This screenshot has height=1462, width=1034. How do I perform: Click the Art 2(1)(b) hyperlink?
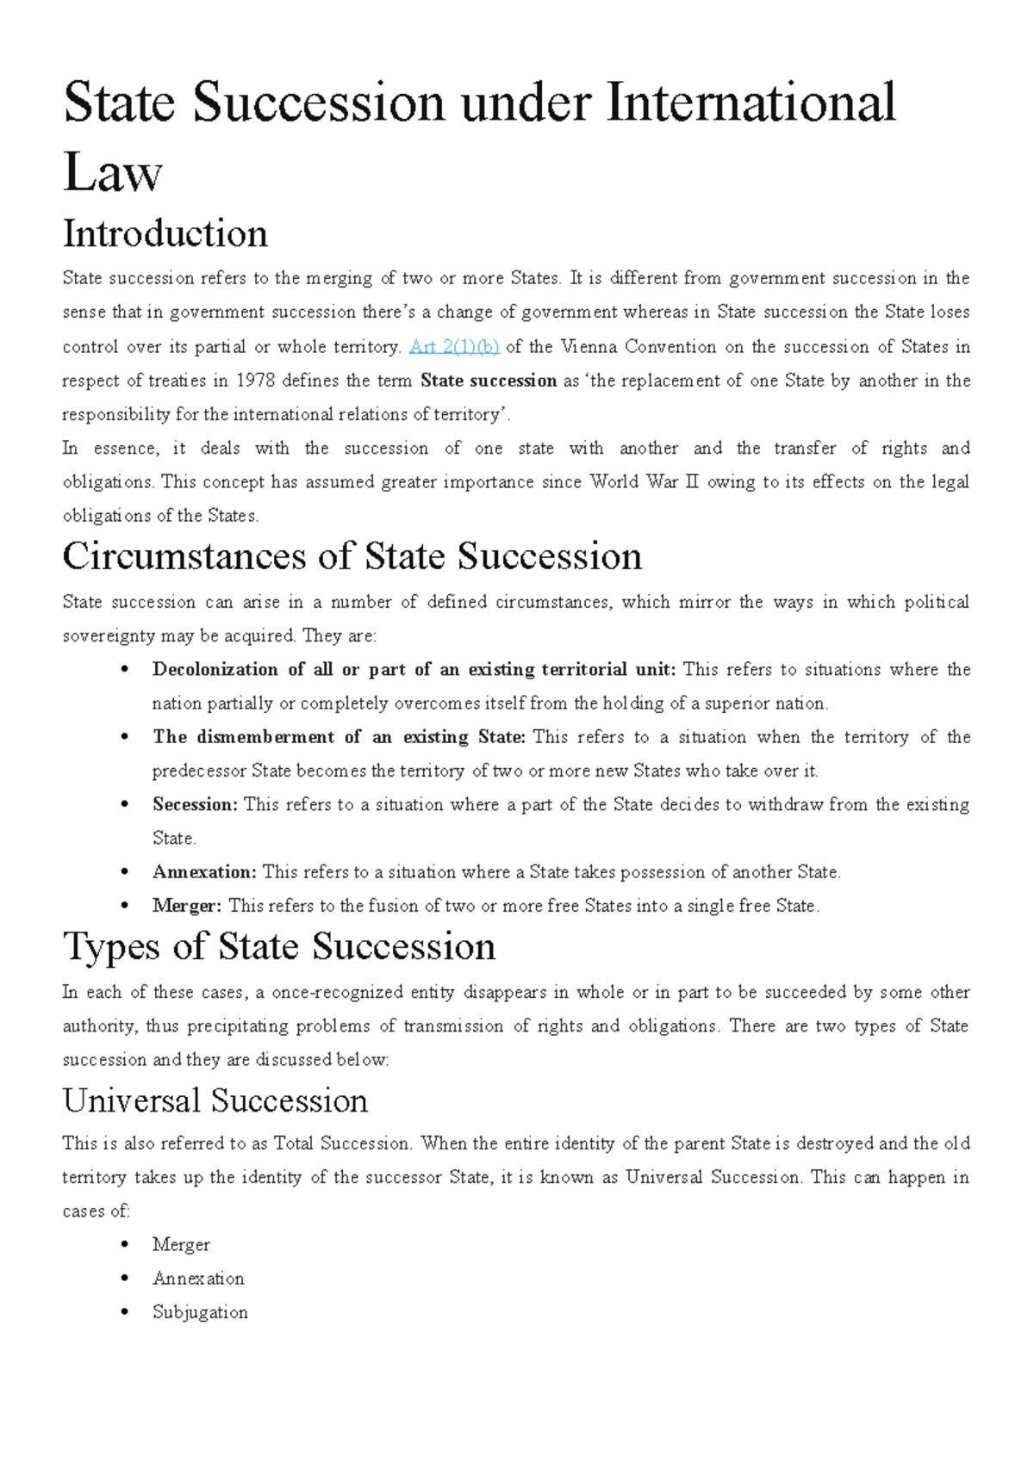(454, 347)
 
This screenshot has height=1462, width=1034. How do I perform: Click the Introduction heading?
(165, 233)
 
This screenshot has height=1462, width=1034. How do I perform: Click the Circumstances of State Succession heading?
(352, 556)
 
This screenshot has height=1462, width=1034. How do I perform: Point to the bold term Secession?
(195, 804)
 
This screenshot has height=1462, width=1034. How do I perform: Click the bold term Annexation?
(204, 871)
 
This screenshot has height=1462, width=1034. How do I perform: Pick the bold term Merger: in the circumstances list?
(187, 906)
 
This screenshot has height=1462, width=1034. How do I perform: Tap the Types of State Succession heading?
(279, 946)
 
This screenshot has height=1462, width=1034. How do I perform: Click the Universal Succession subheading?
(215, 1100)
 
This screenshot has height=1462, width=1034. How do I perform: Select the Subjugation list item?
(200, 1312)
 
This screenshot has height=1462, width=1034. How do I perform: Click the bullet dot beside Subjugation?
(126, 1313)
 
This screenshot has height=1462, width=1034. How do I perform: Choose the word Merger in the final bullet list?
(181, 1244)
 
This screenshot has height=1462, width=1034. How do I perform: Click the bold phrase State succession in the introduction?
(489, 381)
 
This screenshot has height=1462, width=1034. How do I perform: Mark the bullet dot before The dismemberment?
(126, 738)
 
